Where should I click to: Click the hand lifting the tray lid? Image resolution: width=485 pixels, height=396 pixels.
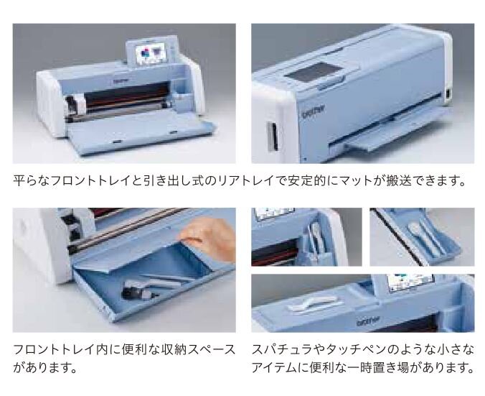tap(215, 234)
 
